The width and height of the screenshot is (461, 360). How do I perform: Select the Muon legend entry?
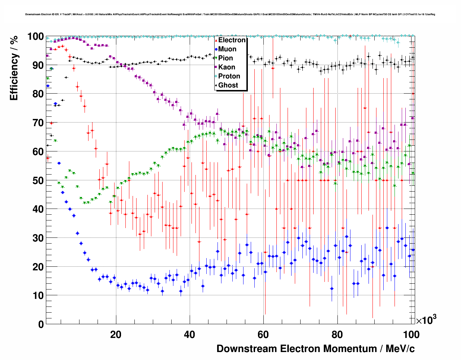coord(227,49)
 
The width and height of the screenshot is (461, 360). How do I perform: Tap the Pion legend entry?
coord(225,58)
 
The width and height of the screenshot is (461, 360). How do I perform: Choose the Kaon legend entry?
coord(227,67)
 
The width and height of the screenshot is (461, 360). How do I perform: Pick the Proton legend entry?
coord(229,76)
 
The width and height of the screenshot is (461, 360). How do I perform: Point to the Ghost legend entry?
coord(228,85)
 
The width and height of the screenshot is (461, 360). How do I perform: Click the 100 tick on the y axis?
coord(36,37)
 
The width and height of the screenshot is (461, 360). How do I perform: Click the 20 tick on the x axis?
coord(116,334)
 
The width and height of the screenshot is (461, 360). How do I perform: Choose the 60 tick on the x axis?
coord(263,334)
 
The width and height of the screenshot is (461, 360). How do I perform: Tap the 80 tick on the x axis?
coord(337,334)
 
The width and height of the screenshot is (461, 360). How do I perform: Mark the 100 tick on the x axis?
coord(411,334)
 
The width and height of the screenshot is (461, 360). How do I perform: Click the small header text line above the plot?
coord(230,14)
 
